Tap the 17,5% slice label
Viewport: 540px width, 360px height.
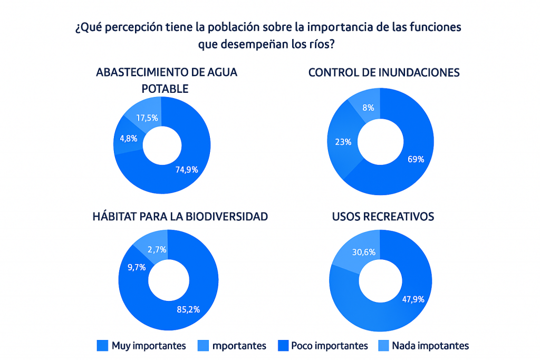tap(147, 118)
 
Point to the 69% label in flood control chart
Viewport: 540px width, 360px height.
tap(416, 159)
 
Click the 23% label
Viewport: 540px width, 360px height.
tap(343, 141)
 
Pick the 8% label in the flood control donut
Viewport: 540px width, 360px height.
tap(368, 108)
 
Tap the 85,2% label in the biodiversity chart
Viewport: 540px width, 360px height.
tap(188, 309)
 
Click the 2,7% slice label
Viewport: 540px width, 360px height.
tap(158, 249)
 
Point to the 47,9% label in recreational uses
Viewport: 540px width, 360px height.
tap(413, 299)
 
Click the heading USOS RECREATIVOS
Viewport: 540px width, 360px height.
tap(383, 217)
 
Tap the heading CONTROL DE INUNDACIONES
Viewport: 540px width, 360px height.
tap(383, 73)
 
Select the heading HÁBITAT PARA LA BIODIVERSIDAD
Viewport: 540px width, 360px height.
tap(180, 217)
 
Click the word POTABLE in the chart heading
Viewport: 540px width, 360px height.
tap(165, 89)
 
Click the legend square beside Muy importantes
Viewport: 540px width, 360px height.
tap(102, 346)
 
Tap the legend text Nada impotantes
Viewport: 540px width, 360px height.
tap(430, 346)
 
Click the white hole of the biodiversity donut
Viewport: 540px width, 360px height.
tap(168, 280)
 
